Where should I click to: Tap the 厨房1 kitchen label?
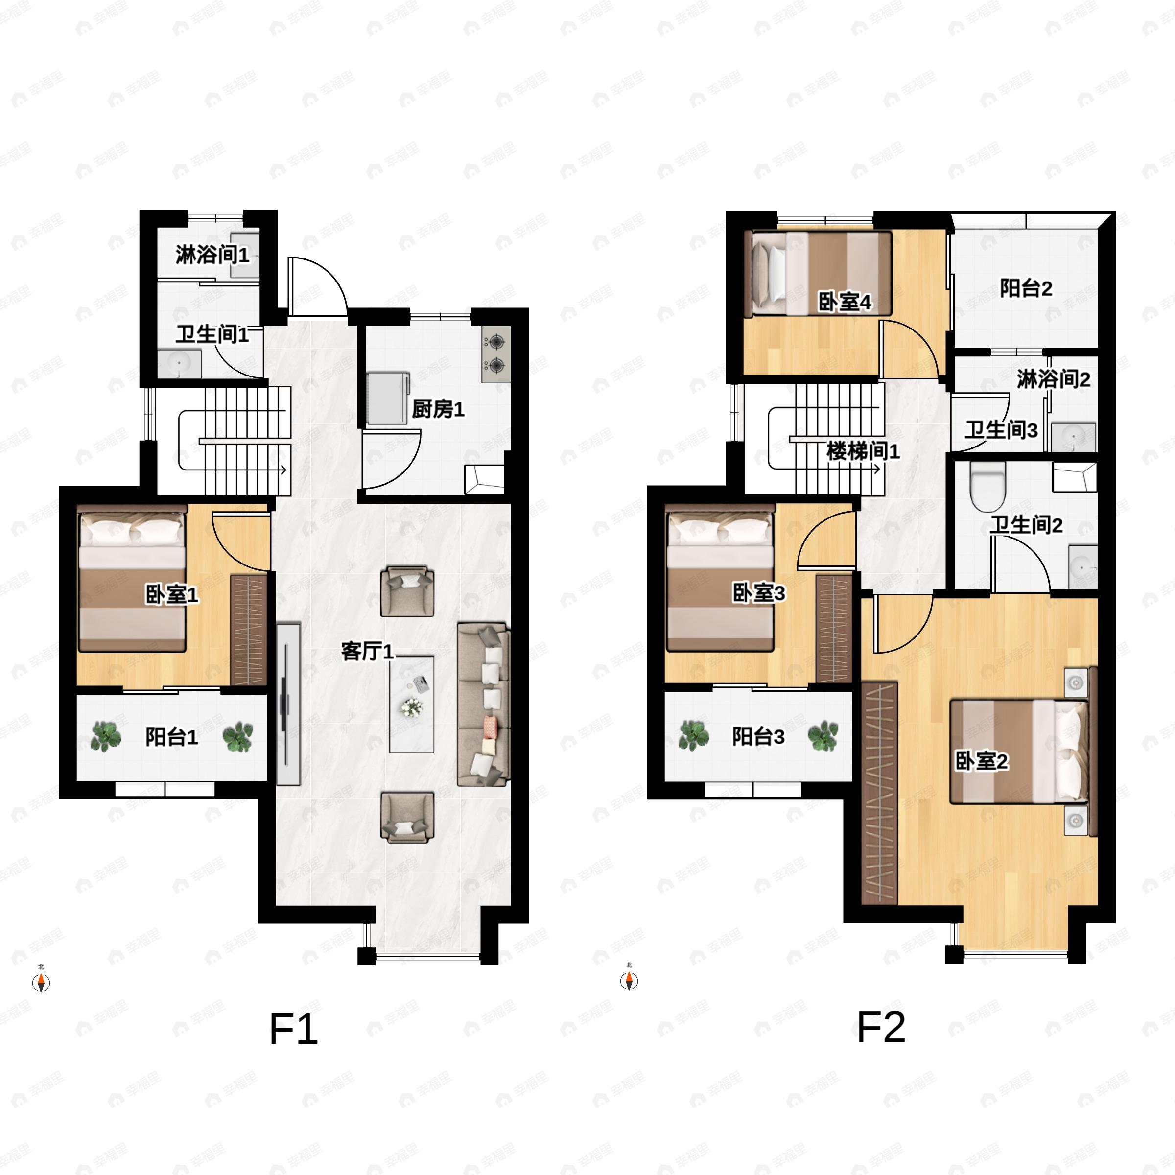click(x=438, y=409)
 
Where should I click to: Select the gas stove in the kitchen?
click(x=495, y=354)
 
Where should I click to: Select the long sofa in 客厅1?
click(x=483, y=705)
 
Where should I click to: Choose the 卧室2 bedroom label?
click(x=981, y=760)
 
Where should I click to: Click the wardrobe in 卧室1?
click(x=249, y=630)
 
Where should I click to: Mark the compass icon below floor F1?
click(x=41, y=982)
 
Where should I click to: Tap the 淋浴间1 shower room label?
click(x=212, y=254)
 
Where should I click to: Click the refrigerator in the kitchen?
click(x=387, y=399)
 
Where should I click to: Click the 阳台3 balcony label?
click(x=758, y=736)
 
